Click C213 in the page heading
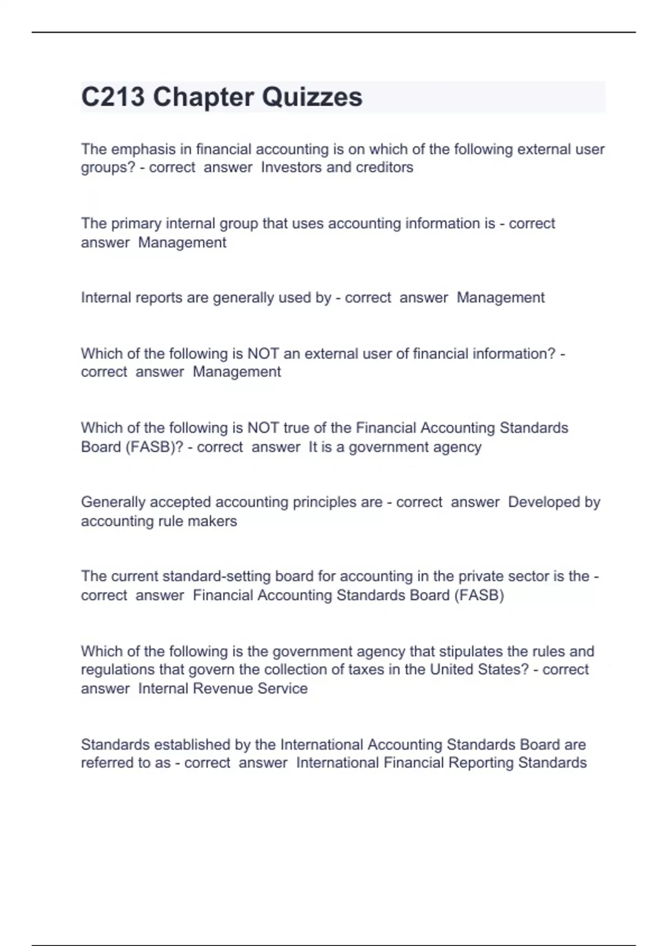113,97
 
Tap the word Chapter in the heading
204,97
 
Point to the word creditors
387,167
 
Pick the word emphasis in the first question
136,149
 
